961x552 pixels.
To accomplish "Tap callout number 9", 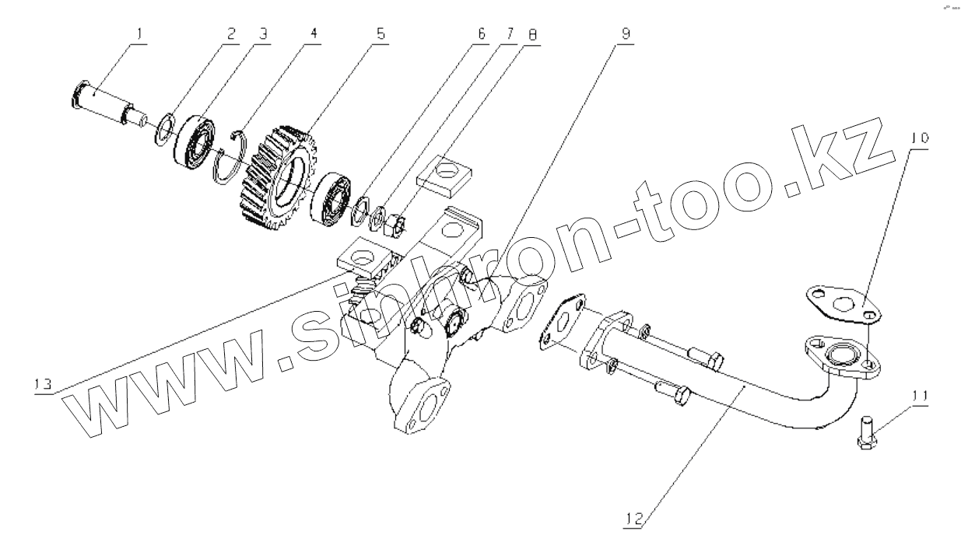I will [x=626, y=35].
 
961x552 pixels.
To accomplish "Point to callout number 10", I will [x=920, y=138].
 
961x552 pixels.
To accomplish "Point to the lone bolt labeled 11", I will [x=866, y=432].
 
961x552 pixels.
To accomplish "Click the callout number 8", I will [x=532, y=35].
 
